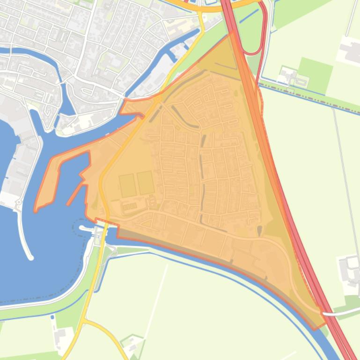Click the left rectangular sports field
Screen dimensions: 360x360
tap(127, 185)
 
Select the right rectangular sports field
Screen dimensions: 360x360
tap(146, 183)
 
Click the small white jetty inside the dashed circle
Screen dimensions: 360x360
tap(84, 228)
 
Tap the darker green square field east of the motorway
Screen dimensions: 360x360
tap(315, 75)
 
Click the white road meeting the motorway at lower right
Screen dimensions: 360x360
tap(342, 313)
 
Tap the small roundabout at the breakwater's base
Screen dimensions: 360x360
tap(19, 203)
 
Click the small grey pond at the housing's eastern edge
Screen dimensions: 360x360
tap(260, 230)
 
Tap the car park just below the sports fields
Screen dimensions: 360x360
tap(130, 206)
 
